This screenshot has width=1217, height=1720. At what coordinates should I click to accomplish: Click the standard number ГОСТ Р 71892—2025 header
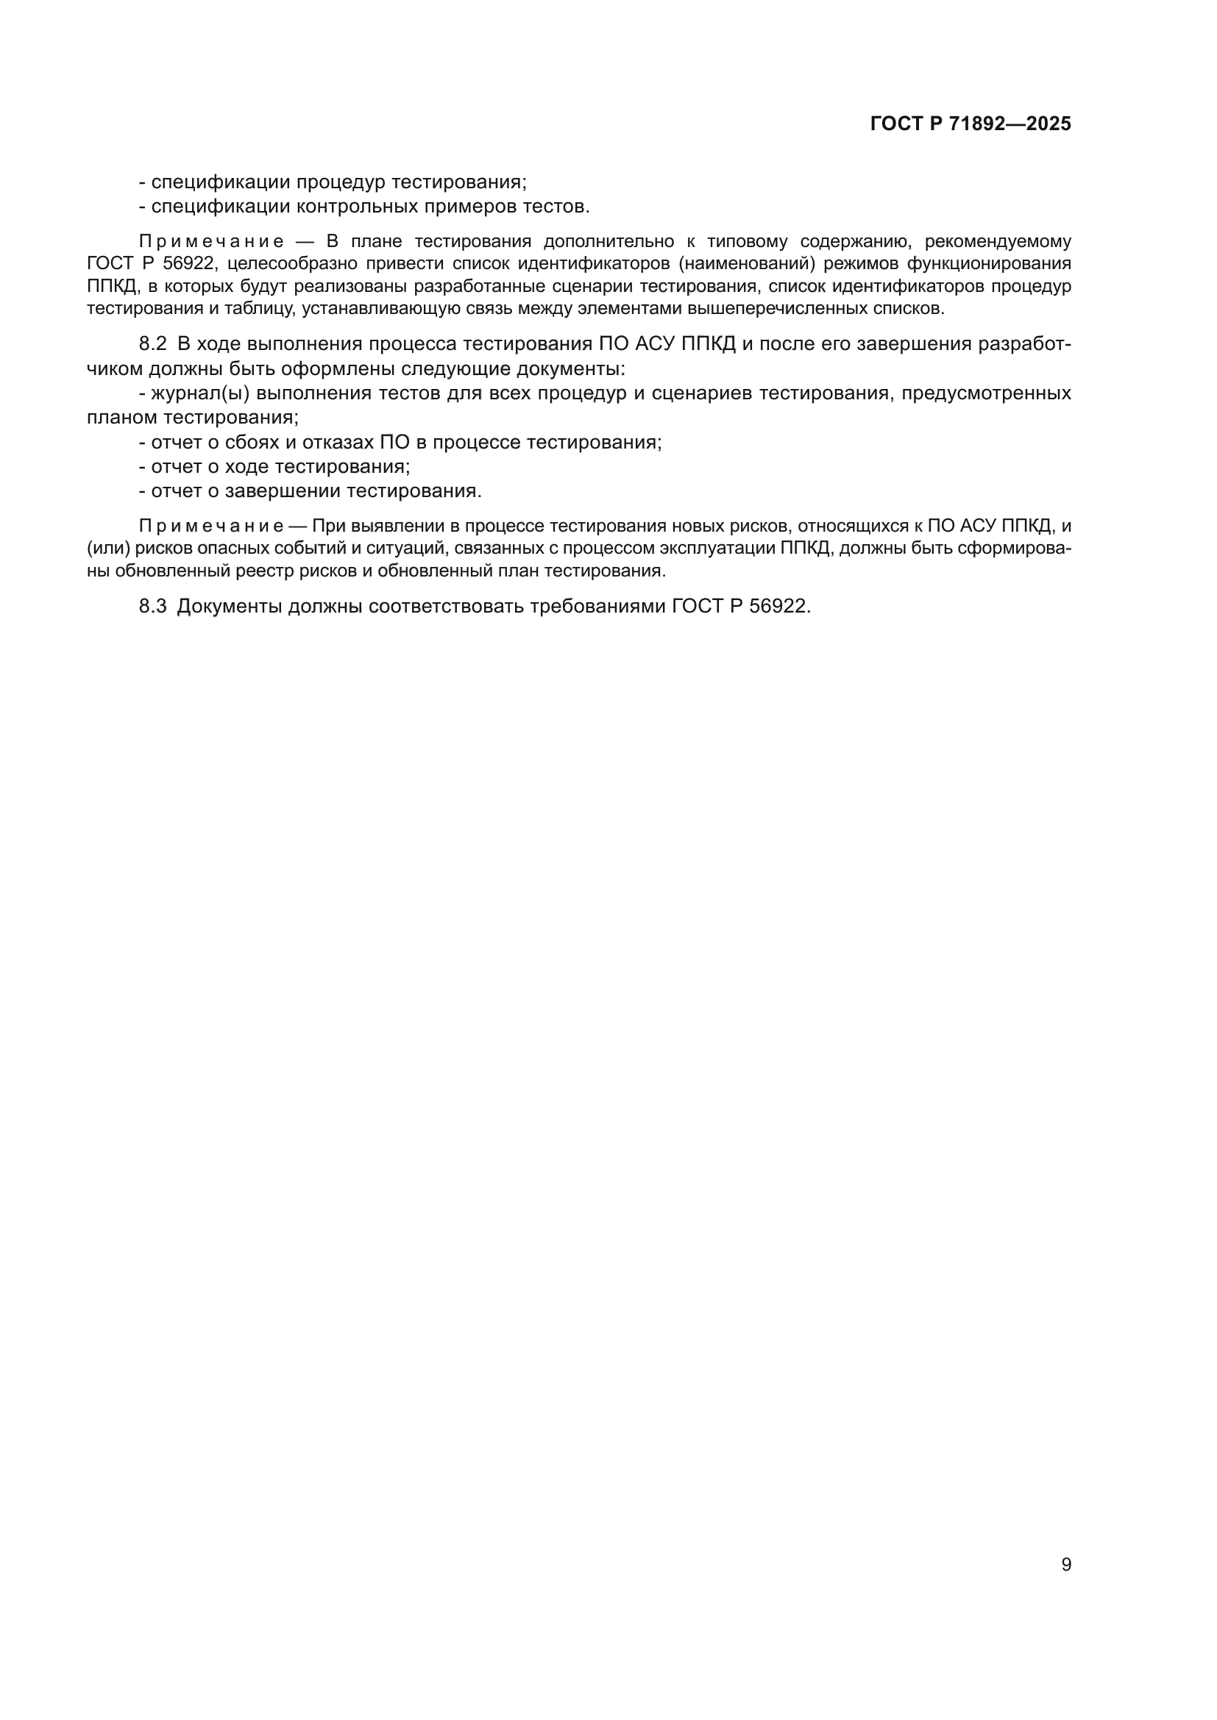(971, 124)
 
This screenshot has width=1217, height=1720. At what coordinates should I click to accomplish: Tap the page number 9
(1066, 1564)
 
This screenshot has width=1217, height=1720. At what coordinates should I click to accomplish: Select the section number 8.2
(152, 344)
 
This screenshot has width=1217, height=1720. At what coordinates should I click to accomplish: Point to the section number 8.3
(152, 606)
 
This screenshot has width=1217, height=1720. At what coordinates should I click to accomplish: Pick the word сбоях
(247, 442)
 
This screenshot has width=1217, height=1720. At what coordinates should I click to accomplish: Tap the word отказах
(337, 442)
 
